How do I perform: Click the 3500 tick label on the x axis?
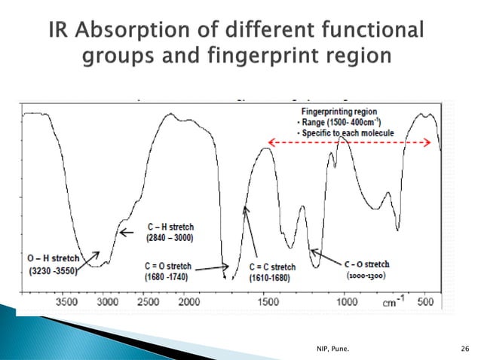point(67,301)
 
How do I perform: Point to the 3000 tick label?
point(107,301)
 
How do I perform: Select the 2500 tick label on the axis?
point(148,301)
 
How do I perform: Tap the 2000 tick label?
point(188,301)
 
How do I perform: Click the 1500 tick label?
point(268,301)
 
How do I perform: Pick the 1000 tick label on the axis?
point(348,301)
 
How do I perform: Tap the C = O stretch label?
point(167,266)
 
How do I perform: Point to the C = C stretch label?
point(272,267)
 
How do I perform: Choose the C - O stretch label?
point(367,264)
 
